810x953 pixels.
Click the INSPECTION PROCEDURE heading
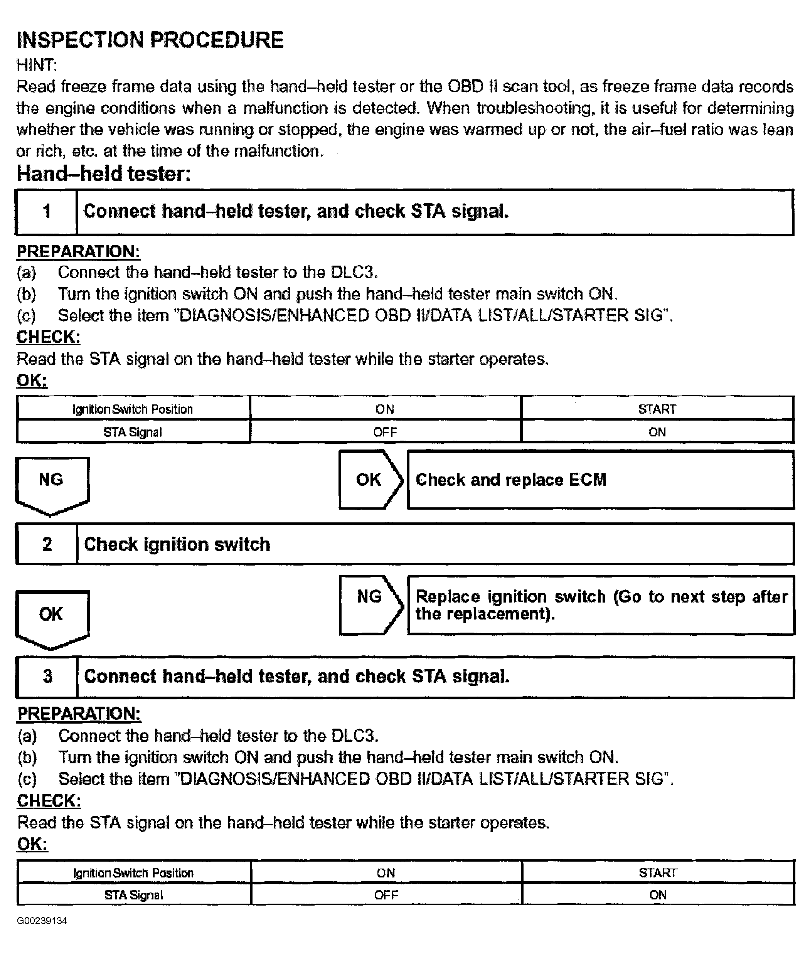[150, 40]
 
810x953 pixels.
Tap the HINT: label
[36, 65]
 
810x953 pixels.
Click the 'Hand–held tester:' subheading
[104, 174]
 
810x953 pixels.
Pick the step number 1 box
[46, 212]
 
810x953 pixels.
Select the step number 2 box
[47, 544]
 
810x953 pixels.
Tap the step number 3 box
[47, 677]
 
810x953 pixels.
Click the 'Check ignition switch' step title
[177, 544]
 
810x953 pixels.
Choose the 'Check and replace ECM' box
[600, 480]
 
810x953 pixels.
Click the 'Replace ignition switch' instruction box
[601, 605]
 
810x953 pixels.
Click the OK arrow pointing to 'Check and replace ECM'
[370, 480]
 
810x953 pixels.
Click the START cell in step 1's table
[657, 409]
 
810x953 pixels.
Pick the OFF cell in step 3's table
[386, 895]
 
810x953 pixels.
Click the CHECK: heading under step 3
[49, 801]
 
